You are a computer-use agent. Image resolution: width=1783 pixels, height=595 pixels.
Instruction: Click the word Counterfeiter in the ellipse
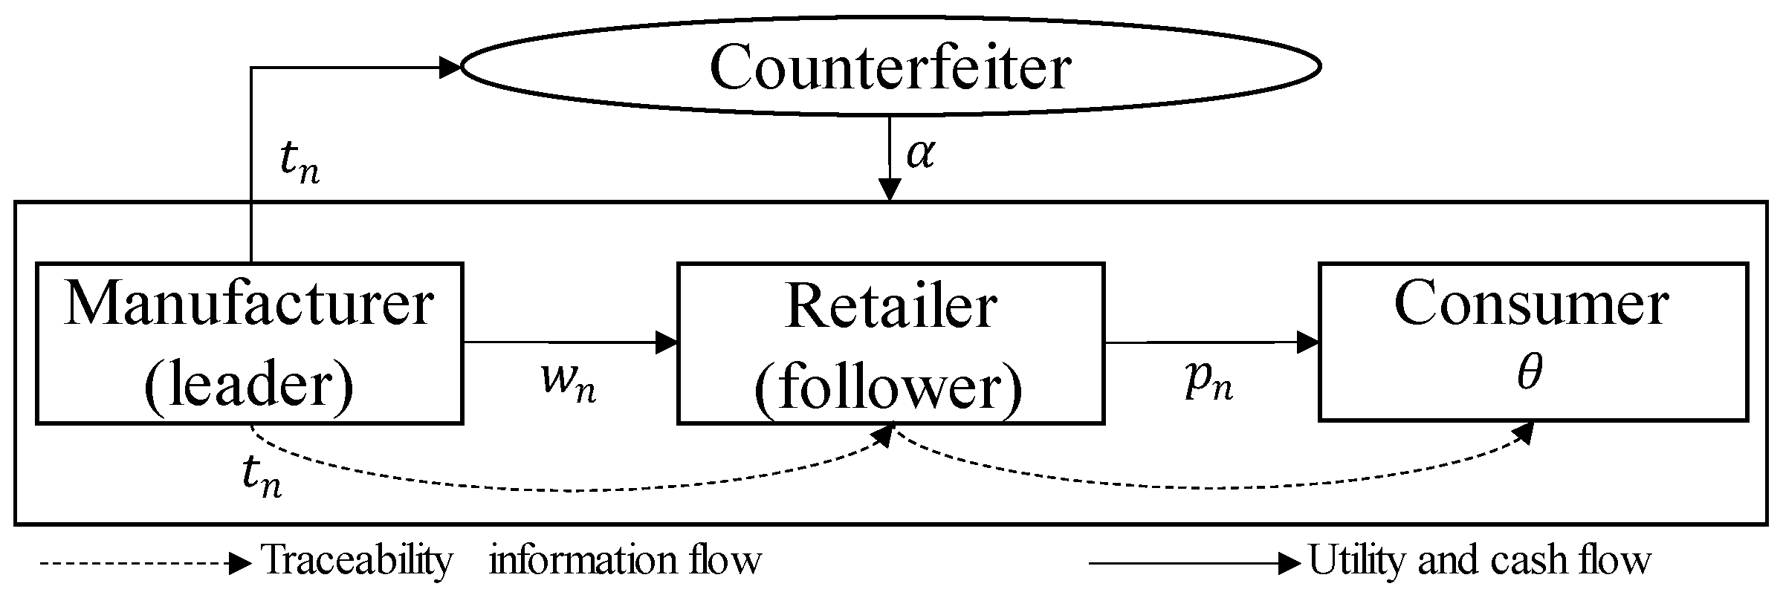coord(890,68)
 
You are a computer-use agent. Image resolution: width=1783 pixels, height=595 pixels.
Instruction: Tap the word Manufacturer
coord(249,305)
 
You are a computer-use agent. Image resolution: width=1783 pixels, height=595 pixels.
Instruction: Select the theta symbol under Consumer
coord(1530,374)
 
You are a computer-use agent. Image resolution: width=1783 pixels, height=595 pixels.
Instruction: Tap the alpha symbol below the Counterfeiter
coord(920,154)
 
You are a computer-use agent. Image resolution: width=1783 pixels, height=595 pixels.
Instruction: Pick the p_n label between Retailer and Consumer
coord(1208,382)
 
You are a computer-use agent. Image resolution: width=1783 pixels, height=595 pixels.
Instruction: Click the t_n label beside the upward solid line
coord(300,161)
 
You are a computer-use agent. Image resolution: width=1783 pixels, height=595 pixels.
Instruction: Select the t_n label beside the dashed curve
coord(262,475)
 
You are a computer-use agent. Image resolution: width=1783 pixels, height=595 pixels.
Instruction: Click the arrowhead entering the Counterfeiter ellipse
coord(450,68)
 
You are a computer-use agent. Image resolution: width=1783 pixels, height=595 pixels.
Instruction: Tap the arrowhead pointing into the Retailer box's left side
coord(667,342)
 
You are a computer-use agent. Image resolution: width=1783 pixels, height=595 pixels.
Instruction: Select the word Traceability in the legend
coord(357,560)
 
